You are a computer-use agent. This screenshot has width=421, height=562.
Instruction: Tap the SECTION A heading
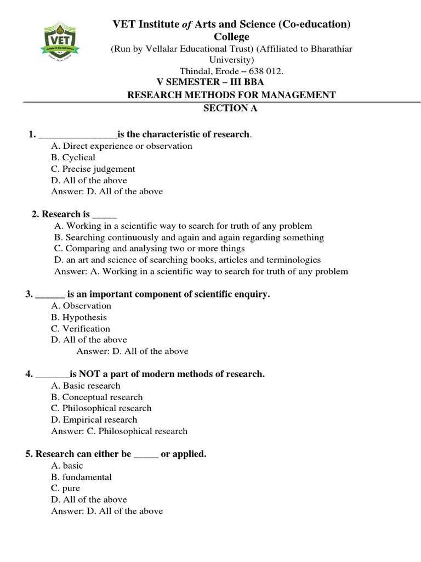tap(230, 108)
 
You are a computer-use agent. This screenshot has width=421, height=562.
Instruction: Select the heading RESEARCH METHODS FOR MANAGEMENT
tap(231, 95)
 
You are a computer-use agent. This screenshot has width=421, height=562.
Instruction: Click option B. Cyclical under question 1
tap(73, 158)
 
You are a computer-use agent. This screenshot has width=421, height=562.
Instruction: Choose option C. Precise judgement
tap(93, 169)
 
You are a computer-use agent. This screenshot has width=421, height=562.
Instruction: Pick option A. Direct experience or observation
tap(121, 146)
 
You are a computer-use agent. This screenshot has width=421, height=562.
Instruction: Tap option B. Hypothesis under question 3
tap(79, 317)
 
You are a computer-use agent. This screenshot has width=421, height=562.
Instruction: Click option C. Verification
tap(81, 329)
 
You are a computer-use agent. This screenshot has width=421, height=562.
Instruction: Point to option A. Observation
tap(81, 306)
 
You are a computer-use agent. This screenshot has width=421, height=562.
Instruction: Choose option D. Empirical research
tap(94, 420)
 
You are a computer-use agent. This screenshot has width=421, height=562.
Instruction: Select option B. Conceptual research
tap(96, 397)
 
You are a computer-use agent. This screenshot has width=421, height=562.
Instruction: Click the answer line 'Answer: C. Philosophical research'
tap(119, 431)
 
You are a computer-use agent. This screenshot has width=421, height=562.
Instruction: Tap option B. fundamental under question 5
tap(81, 477)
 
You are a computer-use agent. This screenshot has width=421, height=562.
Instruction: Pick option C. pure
tap(65, 488)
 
